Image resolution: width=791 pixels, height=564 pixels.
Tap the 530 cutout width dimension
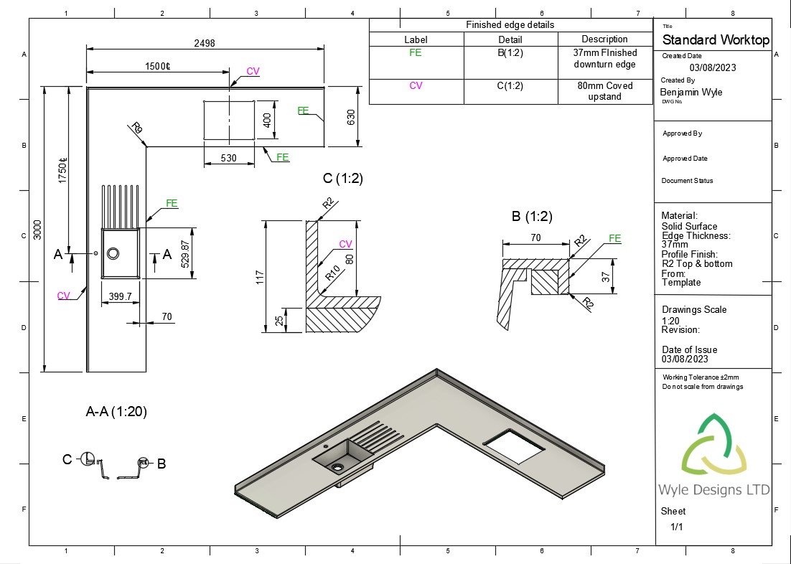[228, 158]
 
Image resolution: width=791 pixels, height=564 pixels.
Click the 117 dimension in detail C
[260, 276]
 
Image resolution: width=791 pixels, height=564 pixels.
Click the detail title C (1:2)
[343, 179]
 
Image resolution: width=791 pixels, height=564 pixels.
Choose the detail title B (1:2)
[531, 216]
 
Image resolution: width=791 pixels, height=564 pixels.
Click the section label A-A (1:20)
[116, 412]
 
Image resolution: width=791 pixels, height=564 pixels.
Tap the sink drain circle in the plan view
[113, 253]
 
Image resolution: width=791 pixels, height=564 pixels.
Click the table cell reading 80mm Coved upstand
[604, 91]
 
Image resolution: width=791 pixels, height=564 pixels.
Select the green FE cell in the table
[416, 52]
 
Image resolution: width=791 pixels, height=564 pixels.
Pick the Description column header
[604, 39]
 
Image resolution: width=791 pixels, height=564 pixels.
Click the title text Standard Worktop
[715, 40]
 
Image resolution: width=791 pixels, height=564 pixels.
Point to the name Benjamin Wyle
[691, 92]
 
